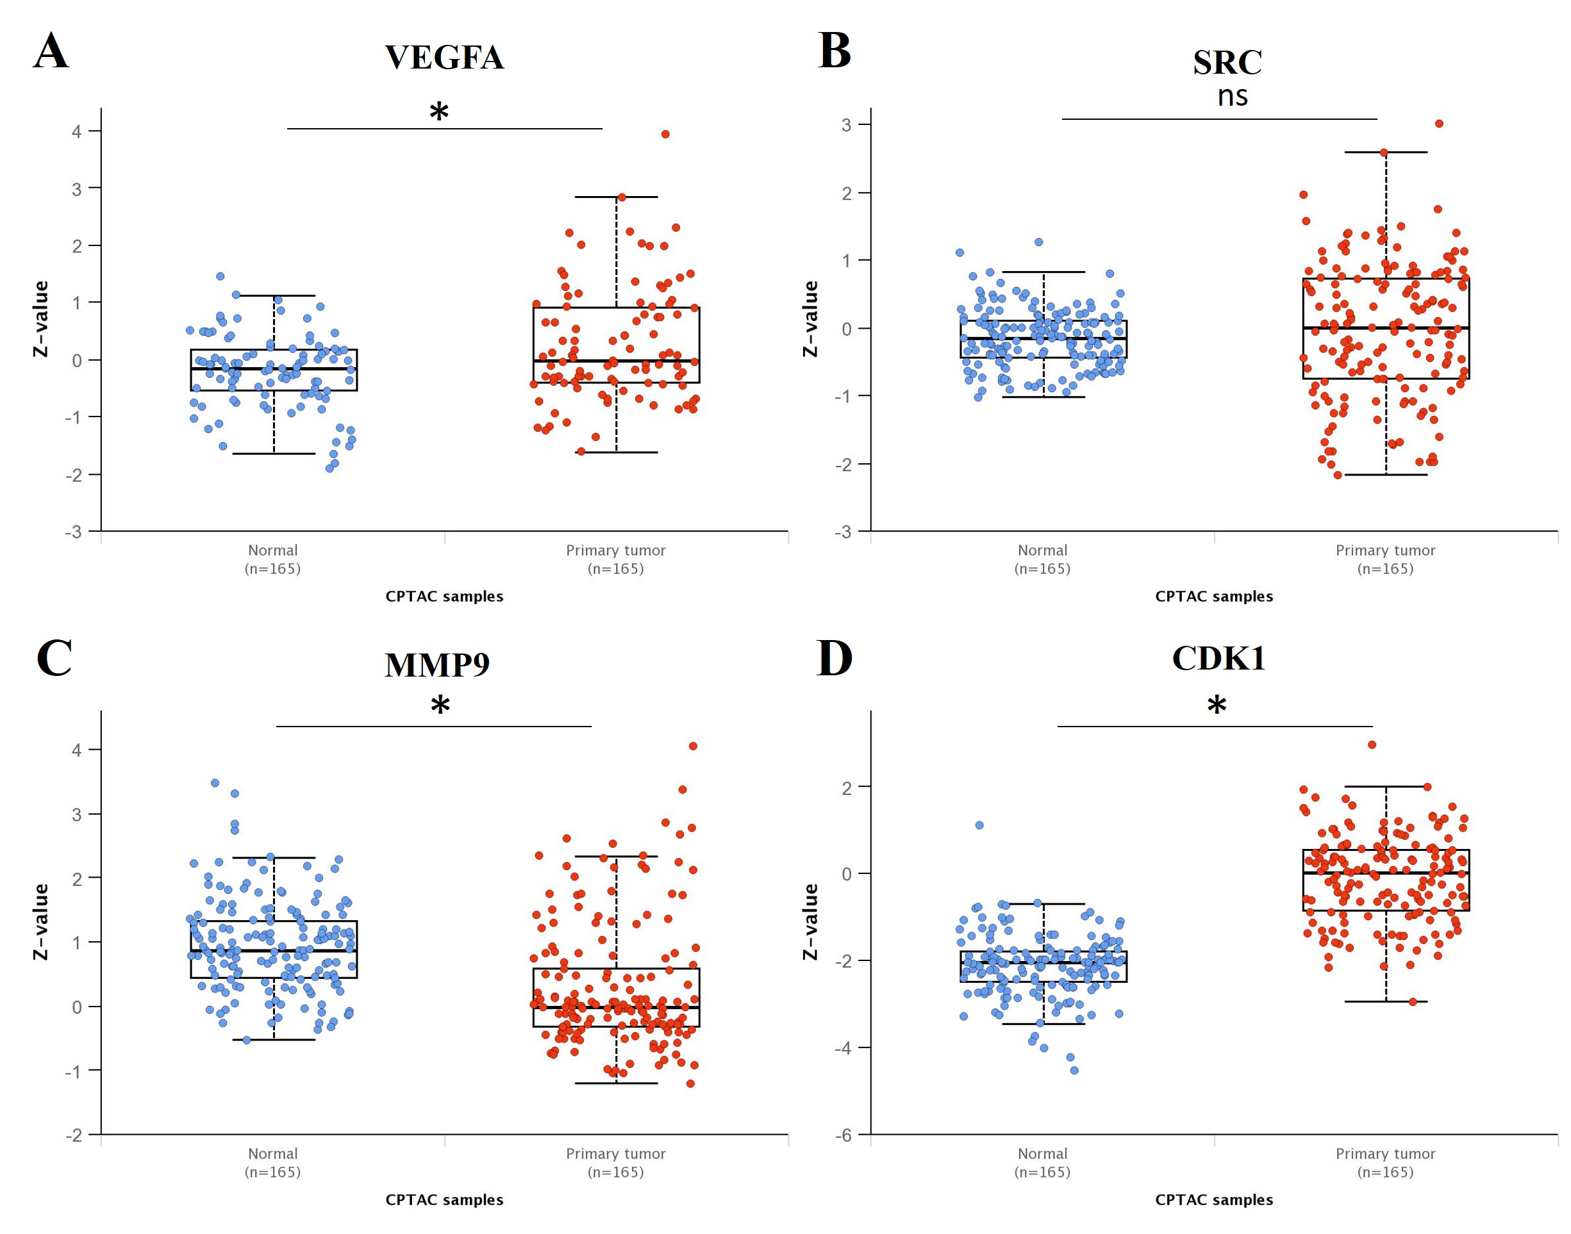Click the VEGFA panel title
[444, 58]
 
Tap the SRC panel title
[1227, 62]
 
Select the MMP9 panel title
[437, 664]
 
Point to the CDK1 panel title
[1218, 658]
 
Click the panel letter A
[51, 51]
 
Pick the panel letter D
[834, 658]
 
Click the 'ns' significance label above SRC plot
[1232, 96]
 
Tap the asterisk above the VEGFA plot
[439, 112]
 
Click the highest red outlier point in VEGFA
[665, 135]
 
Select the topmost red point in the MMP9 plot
[693, 746]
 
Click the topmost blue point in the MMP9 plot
[215, 783]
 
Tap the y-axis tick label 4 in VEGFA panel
[76, 131]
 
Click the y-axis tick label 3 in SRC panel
[846, 125]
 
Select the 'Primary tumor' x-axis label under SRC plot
[1385, 550]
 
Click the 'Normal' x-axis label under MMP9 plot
[272, 1154]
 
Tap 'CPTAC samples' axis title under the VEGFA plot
[444, 596]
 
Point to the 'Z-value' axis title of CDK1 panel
[811, 922]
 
